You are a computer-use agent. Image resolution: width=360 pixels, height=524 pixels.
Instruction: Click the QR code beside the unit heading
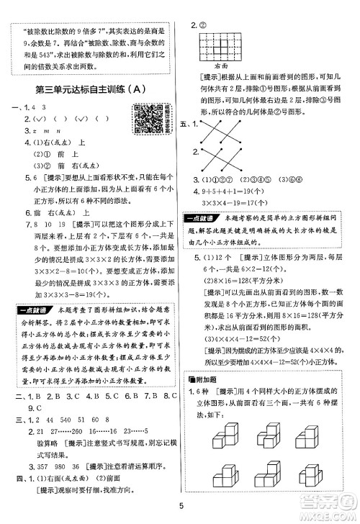(145, 117)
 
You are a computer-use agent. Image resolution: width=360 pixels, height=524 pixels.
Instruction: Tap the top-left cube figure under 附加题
(220, 432)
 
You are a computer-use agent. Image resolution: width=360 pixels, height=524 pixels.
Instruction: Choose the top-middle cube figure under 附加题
(270, 431)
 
